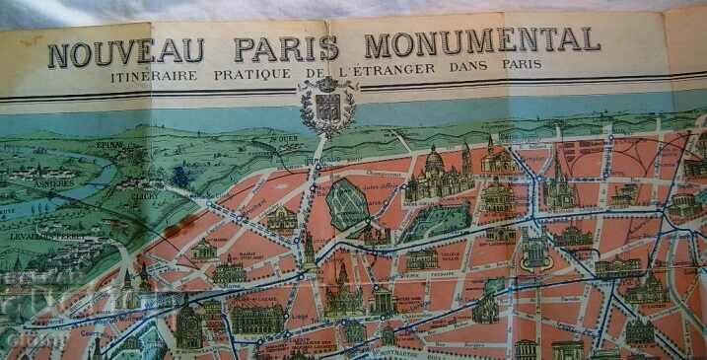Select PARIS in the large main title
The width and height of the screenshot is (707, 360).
[287, 47]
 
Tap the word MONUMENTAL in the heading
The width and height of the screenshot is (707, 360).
[481, 42]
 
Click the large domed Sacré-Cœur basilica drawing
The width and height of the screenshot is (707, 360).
[435, 175]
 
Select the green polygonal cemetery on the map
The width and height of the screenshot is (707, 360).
[347, 203]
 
